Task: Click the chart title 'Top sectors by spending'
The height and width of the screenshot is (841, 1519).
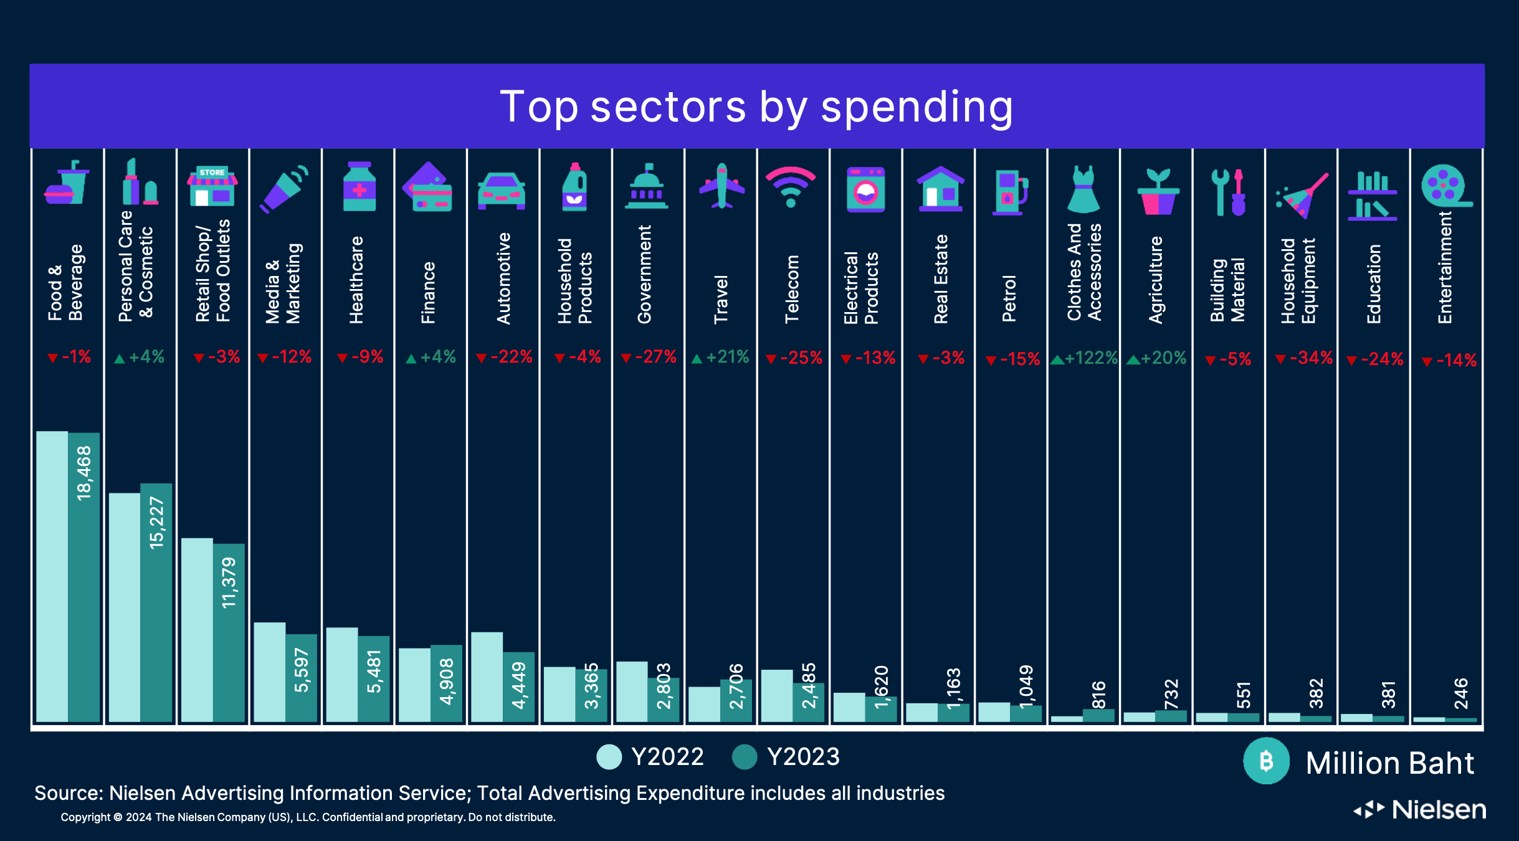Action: (x=756, y=107)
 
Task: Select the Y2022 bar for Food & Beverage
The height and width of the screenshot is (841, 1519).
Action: (x=52, y=576)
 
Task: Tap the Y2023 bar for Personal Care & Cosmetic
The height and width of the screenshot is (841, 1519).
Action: (x=156, y=602)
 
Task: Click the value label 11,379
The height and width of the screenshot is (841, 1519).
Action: (x=229, y=582)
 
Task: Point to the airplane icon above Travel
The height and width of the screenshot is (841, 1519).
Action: (x=721, y=186)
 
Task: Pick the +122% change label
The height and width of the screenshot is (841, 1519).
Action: (x=1084, y=358)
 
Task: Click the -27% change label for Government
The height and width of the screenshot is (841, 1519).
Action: (x=649, y=357)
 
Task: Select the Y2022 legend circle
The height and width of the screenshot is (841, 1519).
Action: (x=609, y=757)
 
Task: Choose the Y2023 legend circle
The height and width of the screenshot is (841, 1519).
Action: (x=745, y=757)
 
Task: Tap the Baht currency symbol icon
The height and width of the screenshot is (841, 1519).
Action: (x=1266, y=761)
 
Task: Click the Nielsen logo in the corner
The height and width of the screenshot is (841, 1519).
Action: (x=1420, y=810)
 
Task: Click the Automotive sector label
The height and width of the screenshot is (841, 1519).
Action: (x=503, y=278)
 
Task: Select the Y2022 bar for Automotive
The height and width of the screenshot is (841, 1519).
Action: (x=487, y=677)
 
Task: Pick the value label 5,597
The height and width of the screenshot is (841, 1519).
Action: (x=302, y=670)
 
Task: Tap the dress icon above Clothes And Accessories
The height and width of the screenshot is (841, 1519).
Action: (x=1083, y=189)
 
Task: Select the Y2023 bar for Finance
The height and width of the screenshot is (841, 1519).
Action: (x=447, y=683)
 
